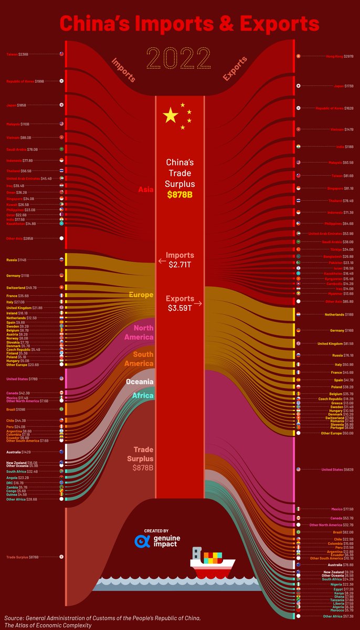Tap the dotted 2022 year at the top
[x=180, y=57]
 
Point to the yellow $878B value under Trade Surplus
[x=181, y=195]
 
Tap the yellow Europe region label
[x=141, y=295]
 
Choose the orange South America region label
[x=140, y=359]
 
